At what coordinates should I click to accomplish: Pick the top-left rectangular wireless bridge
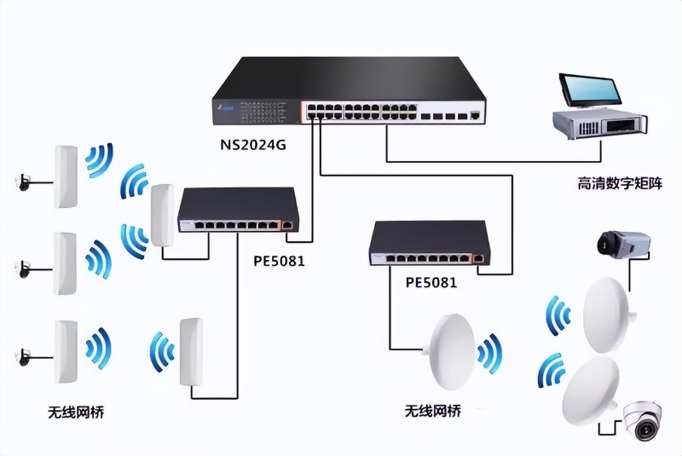tap(66, 176)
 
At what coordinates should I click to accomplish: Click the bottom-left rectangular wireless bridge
tap(66, 349)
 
